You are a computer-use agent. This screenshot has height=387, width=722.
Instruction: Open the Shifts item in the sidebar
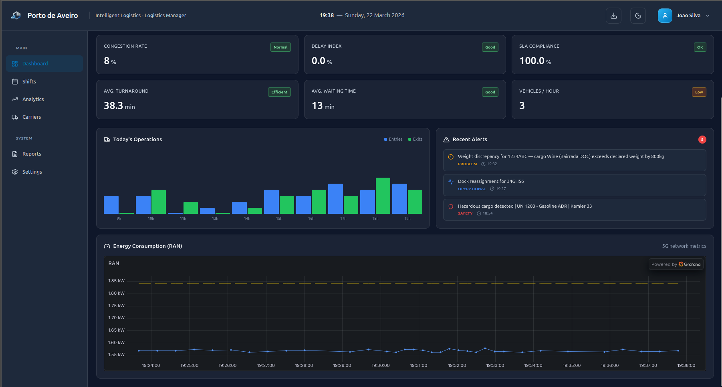pyautogui.click(x=29, y=81)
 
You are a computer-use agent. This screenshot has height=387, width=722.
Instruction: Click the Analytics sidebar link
pyautogui.click(x=33, y=99)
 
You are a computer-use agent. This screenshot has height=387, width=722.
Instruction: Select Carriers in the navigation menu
pyautogui.click(x=31, y=117)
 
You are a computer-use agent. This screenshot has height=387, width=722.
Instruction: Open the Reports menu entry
pyautogui.click(x=32, y=154)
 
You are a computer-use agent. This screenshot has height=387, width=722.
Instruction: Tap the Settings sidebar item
pyautogui.click(x=32, y=172)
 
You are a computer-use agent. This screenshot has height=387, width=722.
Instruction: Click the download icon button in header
pyautogui.click(x=613, y=16)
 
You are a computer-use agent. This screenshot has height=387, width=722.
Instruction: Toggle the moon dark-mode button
pyautogui.click(x=638, y=16)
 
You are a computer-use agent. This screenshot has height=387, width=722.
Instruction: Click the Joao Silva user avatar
pyautogui.click(x=665, y=16)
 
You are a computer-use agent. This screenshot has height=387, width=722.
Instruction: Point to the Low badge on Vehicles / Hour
pyautogui.click(x=699, y=92)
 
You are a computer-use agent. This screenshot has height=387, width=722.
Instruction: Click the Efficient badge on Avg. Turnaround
pyautogui.click(x=279, y=92)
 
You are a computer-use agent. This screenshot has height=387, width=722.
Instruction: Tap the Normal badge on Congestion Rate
pyautogui.click(x=280, y=47)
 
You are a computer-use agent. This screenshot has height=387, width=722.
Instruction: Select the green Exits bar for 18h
pyautogui.click(x=383, y=196)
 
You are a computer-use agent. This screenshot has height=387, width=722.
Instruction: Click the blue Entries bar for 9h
pyautogui.click(x=111, y=205)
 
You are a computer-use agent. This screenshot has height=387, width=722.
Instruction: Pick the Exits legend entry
pyautogui.click(x=415, y=139)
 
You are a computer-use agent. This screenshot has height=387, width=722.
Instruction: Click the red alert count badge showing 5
pyautogui.click(x=702, y=140)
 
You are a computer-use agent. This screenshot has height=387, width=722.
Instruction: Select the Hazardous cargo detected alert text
pyautogui.click(x=524, y=206)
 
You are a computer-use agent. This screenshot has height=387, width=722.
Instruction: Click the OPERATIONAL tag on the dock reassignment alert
pyautogui.click(x=472, y=189)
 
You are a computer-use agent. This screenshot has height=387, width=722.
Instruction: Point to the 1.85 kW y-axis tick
pyautogui.click(x=116, y=281)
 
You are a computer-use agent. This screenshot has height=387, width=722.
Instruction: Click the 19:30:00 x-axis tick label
pyautogui.click(x=380, y=365)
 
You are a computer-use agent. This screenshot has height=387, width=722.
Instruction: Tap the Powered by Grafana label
pyautogui.click(x=676, y=264)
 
